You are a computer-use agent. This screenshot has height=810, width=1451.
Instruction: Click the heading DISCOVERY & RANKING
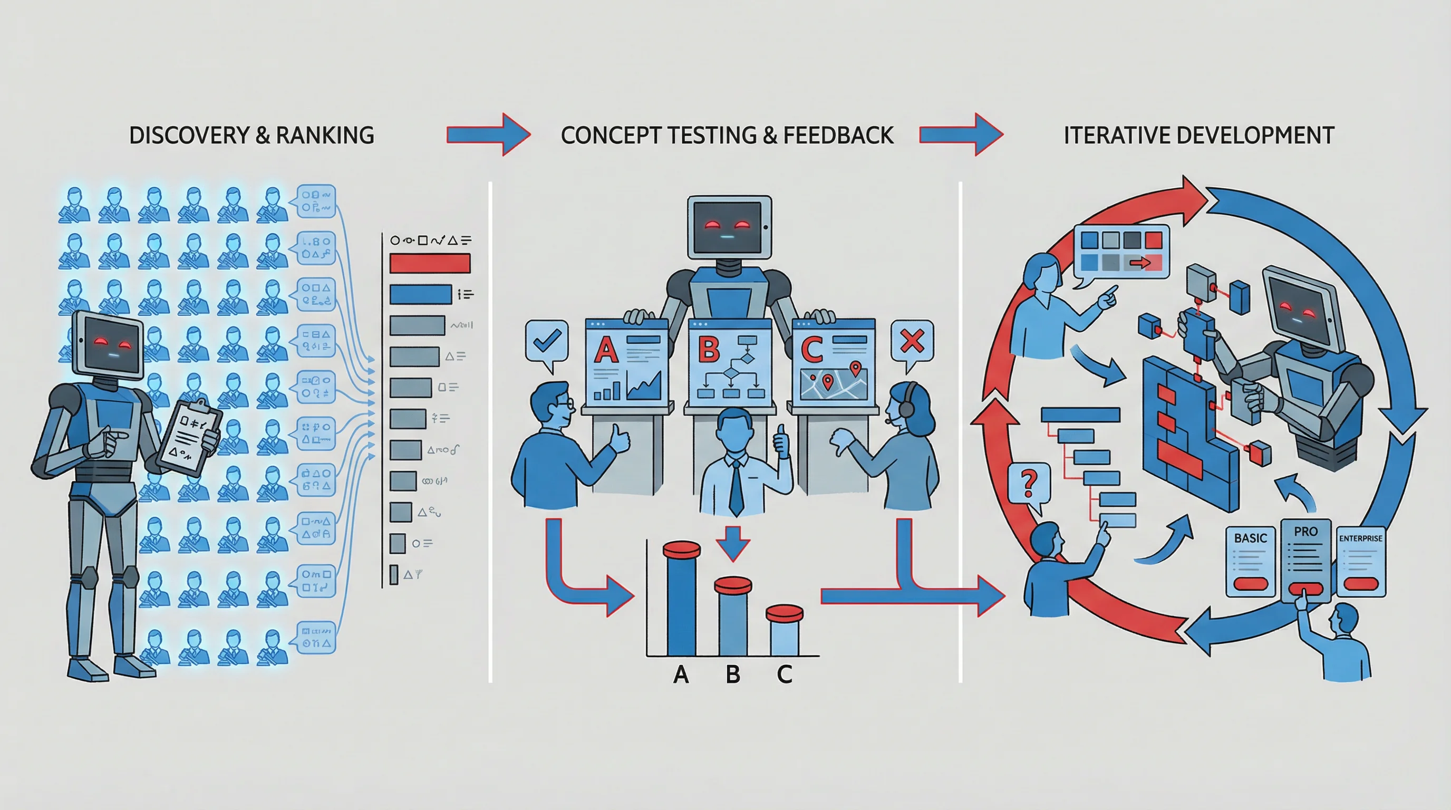251,135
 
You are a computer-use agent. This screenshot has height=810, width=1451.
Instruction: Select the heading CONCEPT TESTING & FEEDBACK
727,135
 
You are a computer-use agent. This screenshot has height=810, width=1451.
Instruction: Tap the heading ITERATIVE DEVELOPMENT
1198,135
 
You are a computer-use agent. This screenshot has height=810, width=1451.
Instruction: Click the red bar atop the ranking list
430,263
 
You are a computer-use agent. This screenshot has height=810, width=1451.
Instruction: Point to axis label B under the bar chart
733,674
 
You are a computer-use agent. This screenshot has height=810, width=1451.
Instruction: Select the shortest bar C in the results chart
784,631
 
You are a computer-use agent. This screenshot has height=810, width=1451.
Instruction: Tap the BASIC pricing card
1250,562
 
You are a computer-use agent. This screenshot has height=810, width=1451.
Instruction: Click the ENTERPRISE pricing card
1360,562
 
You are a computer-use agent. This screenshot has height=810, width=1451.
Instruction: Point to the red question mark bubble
1029,483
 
